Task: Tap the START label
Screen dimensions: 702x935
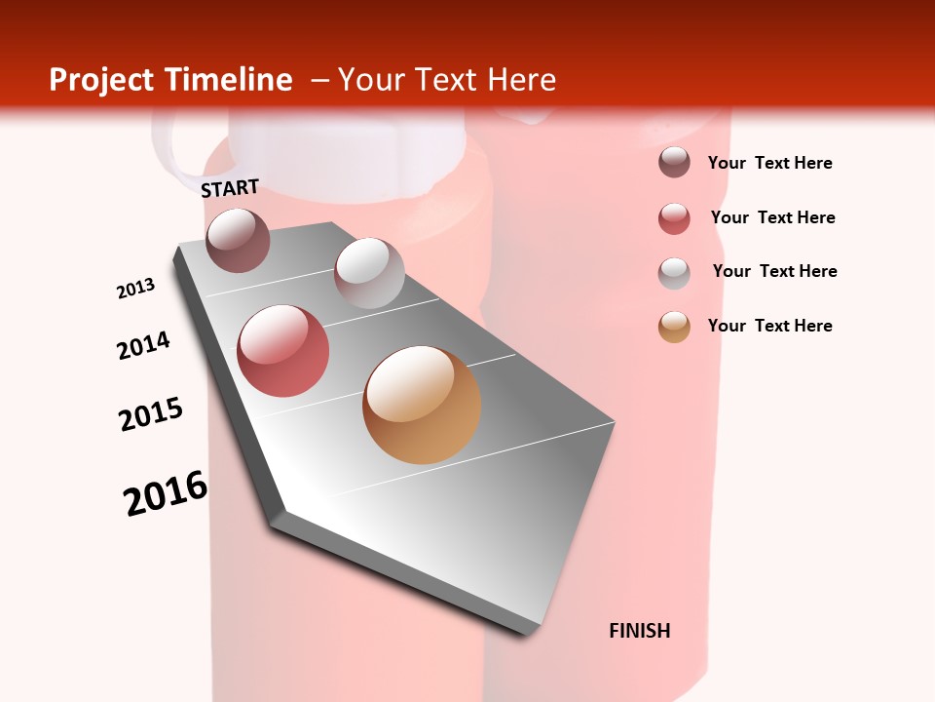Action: point(230,188)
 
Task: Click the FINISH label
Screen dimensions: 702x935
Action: point(640,631)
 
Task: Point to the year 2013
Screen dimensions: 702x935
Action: point(136,289)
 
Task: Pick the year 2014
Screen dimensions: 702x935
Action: point(143,345)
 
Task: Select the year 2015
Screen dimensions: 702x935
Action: point(151,414)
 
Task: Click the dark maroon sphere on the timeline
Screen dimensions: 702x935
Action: point(238,240)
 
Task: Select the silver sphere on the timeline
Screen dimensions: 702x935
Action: point(369,273)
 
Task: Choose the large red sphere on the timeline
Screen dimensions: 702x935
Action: point(283,351)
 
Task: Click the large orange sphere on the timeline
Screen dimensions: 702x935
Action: point(422,405)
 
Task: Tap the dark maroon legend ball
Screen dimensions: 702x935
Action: point(674,162)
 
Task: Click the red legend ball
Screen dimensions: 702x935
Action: point(674,218)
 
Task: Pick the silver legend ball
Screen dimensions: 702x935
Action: point(674,272)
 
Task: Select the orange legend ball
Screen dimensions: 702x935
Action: point(674,327)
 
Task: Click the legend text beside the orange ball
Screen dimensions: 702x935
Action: point(769,326)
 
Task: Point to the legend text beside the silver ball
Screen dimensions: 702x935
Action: point(774,271)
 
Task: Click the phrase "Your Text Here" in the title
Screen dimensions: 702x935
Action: point(447,80)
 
